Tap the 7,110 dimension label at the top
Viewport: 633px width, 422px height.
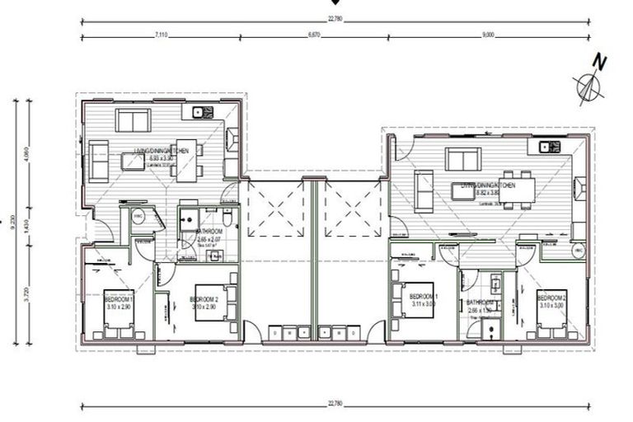pos(162,35)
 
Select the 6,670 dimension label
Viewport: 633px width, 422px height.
pos(313,35)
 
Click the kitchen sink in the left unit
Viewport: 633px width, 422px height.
pos(198,113)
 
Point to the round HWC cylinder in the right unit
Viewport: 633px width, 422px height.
pos(578,249)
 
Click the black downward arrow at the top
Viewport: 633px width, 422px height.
pos(332,3)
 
